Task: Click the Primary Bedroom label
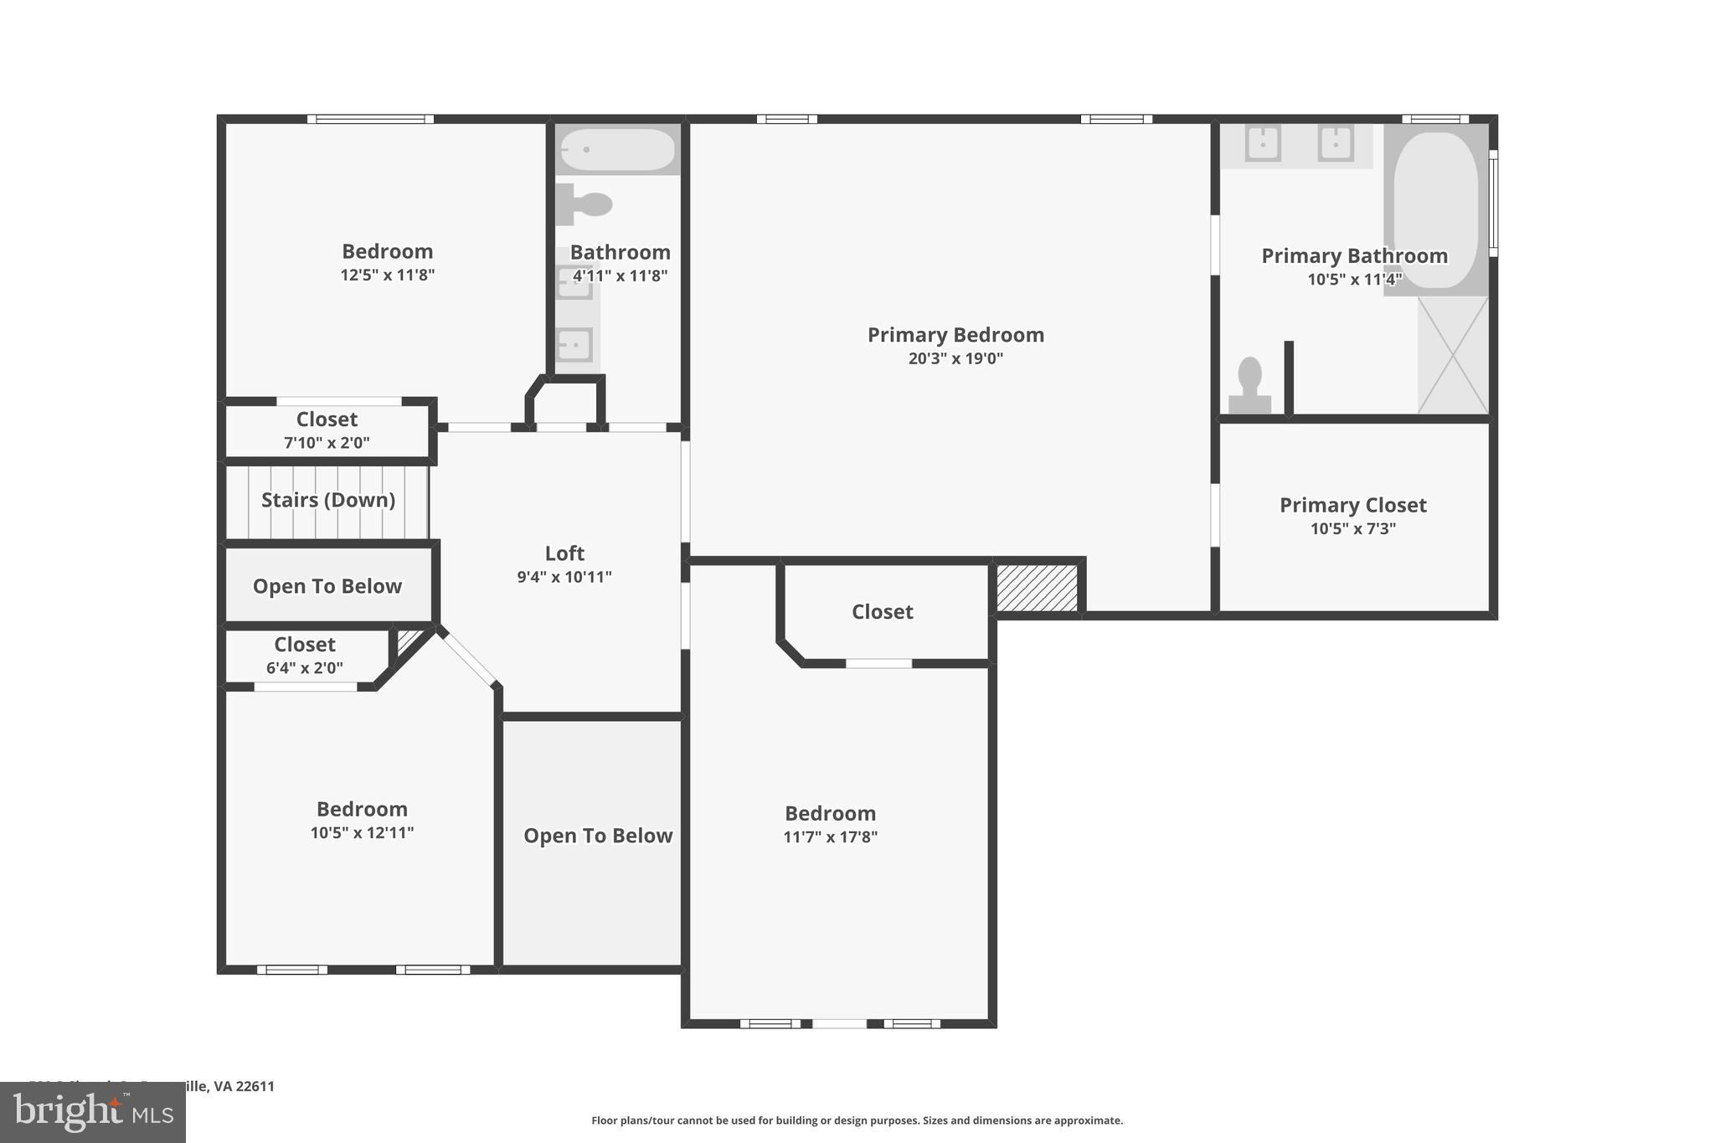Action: tap(955, 335)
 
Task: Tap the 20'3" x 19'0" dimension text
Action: tap(955, 358)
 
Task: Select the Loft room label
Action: tap(564, 553)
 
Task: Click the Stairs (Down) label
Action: tap(327, 500)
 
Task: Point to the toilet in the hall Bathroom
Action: tap(585, 203)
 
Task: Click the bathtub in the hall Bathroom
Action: tap(617, 150)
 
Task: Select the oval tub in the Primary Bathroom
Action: tap(1436, 209)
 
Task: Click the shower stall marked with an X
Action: tap(1453, 355)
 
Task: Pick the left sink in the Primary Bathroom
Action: tap(1263, 143)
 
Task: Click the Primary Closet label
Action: tap(1352, 505)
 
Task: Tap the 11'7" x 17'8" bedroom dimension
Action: tap(830, 837)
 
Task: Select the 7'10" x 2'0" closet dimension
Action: tap(327, 442)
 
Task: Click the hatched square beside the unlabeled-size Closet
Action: tap(1037, 588)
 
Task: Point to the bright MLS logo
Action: tap(93, 1112)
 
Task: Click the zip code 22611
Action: tap(255, 1086)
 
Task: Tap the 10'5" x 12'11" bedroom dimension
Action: tap(362, 832)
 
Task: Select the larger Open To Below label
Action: tap(597, 836)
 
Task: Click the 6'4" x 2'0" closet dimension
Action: tap(304, 667)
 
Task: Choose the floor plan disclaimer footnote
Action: tap(857, 1120)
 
